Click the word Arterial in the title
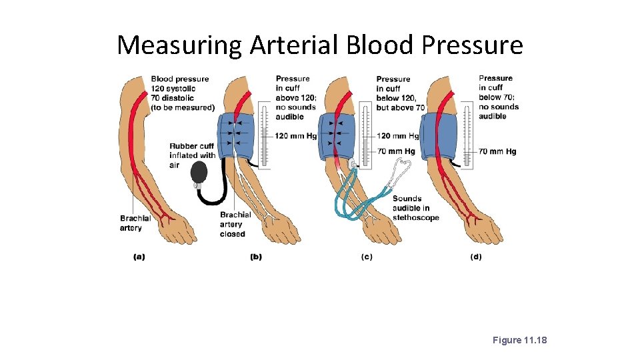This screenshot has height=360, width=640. [x=295, y=45]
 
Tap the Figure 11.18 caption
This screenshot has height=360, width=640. [x=519, y=340]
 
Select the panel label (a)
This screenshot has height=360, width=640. [x=139, y=257]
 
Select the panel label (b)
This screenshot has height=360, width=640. [x=255, y=257]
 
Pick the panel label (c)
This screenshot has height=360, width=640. [x=366, y=257]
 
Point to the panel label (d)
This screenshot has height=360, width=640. [x=475, y=257]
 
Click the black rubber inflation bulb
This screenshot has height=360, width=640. [x=199, y=173]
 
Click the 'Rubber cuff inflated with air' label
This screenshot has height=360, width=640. [x=192, y=155]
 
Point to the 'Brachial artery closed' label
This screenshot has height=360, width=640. [x=235, y=224]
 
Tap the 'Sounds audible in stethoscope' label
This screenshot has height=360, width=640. [x=415, y=208]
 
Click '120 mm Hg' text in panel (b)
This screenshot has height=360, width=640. [x=295, y=136]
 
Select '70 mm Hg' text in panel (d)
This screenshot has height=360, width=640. [x=497, y=151]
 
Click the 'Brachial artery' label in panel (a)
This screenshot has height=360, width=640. [x=135, y=223]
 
